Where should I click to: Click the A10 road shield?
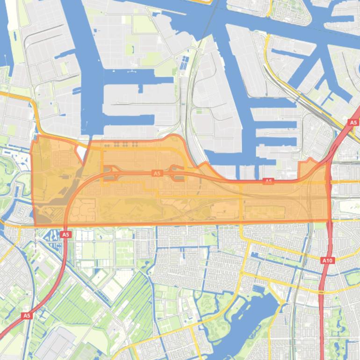click(x=327, y=260)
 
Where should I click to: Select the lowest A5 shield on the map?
click(x=27, y=316)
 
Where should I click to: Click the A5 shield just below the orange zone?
click(x=65, y=234)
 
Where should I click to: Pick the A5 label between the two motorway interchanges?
click(x=157, y=173)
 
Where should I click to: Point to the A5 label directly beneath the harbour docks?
click(x=268, y=181)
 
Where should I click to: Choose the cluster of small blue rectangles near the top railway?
click(x=185, y=63)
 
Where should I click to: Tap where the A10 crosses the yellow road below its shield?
click(x=323, y=292)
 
